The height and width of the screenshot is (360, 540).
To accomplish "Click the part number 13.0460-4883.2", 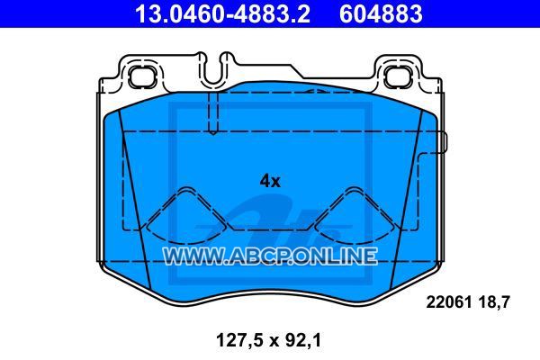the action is point(222,13).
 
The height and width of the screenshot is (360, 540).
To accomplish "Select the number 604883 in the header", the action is point(381,13).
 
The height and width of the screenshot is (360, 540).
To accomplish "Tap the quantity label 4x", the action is point(270,181).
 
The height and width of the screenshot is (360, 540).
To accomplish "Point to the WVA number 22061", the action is point(449,302).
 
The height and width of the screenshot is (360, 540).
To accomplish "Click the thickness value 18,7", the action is point(493,302).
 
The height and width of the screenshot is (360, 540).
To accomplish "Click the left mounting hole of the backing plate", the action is point(142,76).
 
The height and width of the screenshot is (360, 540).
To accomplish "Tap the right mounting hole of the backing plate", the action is point(398,76).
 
